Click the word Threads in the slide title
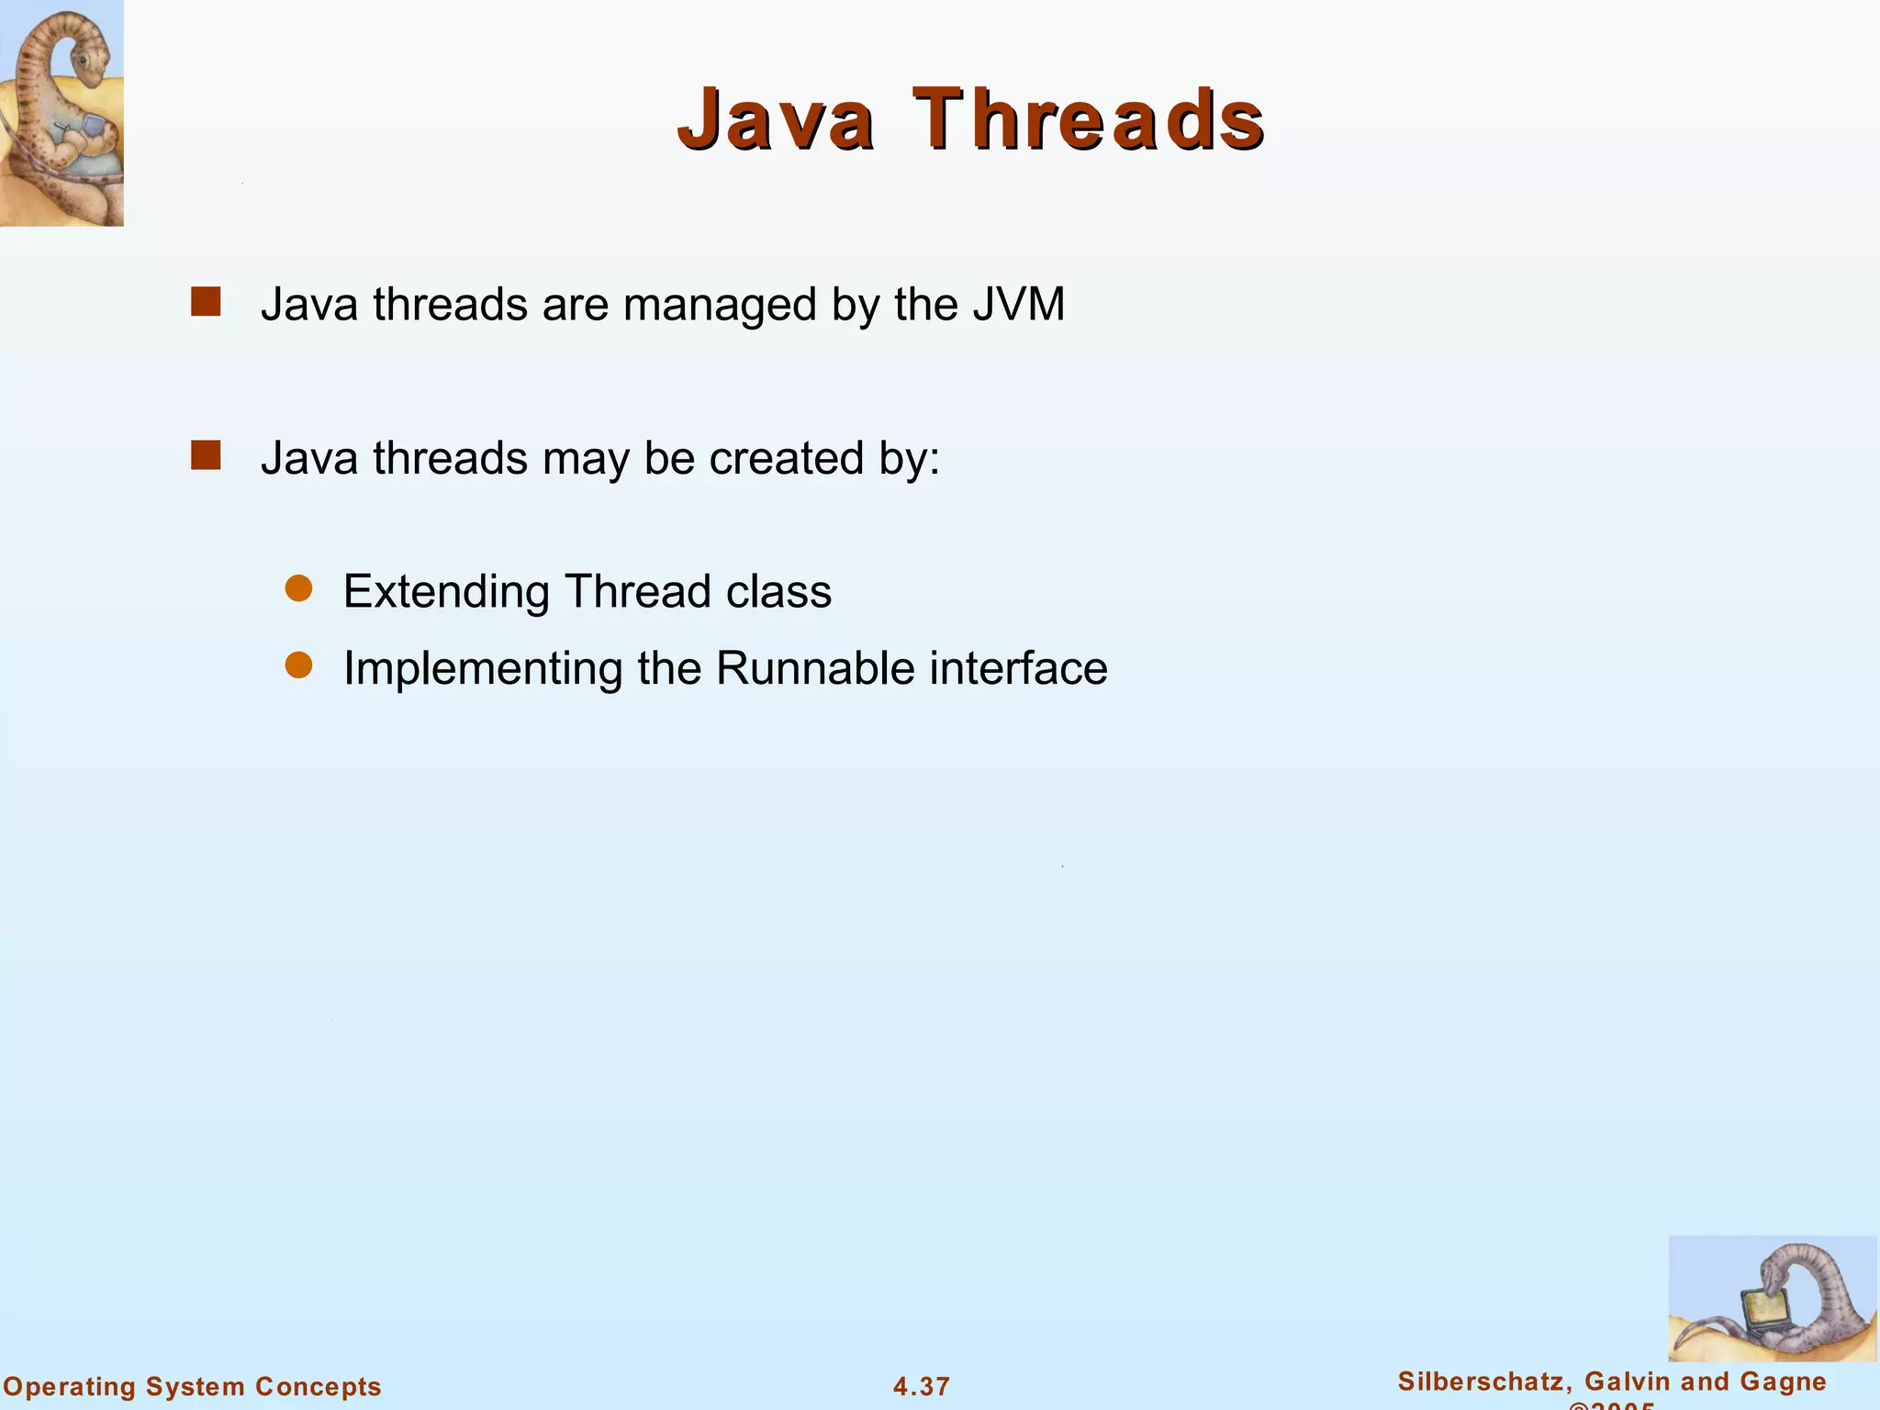pyautogui.click(x=1089, y=119)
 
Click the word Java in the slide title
pyautogui.click(x=776, y=119)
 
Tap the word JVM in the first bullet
pyautogui.click(x=1018, y=304)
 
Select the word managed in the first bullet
pyautogui.click(x=720, y=306)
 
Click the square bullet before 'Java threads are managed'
pyautogui.click(x=206, y=302)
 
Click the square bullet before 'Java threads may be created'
pyautogui.click(x=206, y=455)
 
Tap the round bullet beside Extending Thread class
pyautogui.click(x=299, y=588)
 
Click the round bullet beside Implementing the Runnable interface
pyautogui.click(x=299, y=666)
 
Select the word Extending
pyautogui.click(x=446, y=592)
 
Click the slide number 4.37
pyautogui.click(x=922, y=1386)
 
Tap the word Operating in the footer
pyautogui.click(x=70, y=1387)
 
